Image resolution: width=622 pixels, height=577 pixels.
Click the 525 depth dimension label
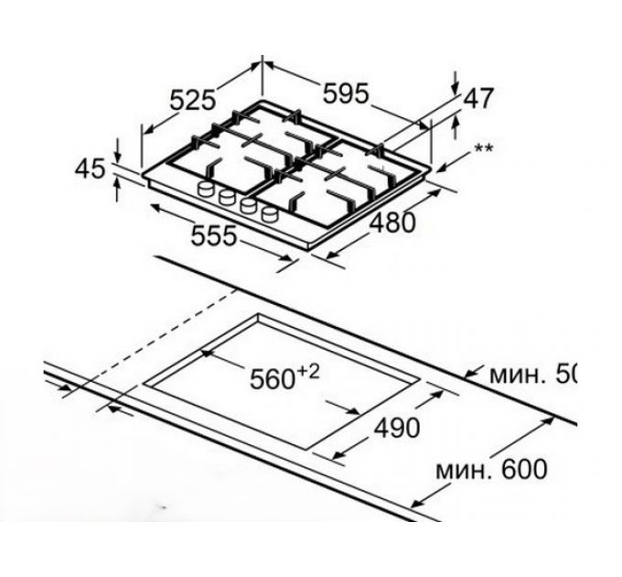[193, 99]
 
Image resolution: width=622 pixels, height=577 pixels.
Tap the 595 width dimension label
[343, 93]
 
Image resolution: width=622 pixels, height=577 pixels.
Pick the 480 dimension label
[391, 223]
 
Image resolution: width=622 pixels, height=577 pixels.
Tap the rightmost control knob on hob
[268, 217]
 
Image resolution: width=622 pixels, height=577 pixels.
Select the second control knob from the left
[226, 199]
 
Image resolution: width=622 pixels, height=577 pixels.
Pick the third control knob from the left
[247, 208]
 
